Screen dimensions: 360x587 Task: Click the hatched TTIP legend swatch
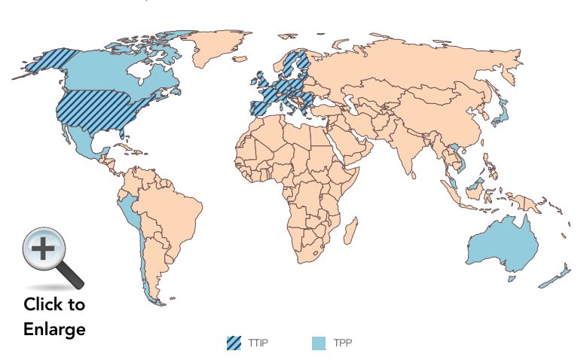tap(234, 343)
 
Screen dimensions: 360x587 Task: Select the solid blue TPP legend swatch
tap(319, 343)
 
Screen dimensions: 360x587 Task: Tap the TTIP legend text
tap(258, 343)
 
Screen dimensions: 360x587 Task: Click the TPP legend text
tap(343, 343)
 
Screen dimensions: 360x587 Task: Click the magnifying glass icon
tap(50, 258)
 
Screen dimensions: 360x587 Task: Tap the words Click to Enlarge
tap(54, 317)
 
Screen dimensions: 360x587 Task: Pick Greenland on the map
tap(226, 45)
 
